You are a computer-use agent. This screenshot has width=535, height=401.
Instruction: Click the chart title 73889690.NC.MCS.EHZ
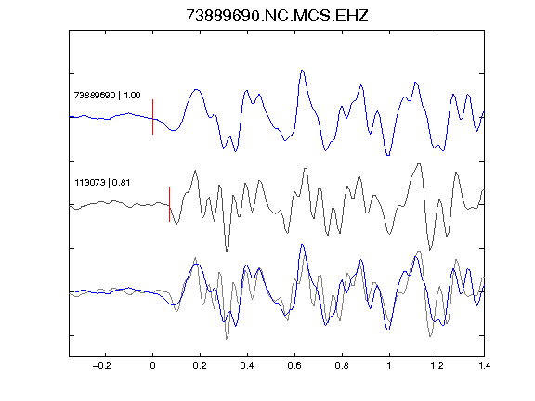tap(277, 16)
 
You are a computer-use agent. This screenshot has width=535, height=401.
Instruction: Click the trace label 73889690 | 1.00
tap(107, 95)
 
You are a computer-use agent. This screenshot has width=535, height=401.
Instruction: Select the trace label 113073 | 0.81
tap(102, 183)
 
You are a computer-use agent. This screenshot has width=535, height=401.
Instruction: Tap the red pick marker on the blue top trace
tap(152, 117)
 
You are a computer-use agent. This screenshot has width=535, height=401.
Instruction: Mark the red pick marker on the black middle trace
tap(169, 204)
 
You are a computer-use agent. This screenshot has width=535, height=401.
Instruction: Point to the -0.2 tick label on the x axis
tap(101, 366)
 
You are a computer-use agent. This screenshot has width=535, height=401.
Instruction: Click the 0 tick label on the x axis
tap(152, 366)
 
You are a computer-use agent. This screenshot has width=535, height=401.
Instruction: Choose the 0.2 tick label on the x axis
tap(200, 366)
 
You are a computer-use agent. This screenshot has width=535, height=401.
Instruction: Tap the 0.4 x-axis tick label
tap(247, 366)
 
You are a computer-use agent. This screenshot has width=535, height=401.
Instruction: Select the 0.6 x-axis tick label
tap(294, 366)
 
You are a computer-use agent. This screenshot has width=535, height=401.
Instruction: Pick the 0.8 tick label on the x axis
tap(342, 366)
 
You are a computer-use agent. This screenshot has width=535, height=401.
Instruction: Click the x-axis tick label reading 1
tap(389, 366)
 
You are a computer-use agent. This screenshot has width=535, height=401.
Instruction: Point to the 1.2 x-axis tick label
tap(437, 366)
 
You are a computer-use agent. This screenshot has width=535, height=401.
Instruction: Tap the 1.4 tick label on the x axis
tap(484, 366)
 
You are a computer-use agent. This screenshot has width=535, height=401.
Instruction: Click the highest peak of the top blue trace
tap(302, 71)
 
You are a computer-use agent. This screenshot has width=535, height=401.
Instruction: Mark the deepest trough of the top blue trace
tap(388, 156)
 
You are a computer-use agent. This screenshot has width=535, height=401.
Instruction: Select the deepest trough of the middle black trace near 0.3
tap(227, 252)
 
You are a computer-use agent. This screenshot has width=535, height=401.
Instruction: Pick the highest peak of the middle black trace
tap(419, 164)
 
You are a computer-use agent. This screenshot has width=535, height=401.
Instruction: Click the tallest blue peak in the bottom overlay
tap(302, 244)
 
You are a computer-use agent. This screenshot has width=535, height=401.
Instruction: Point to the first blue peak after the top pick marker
tap(196, 89)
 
